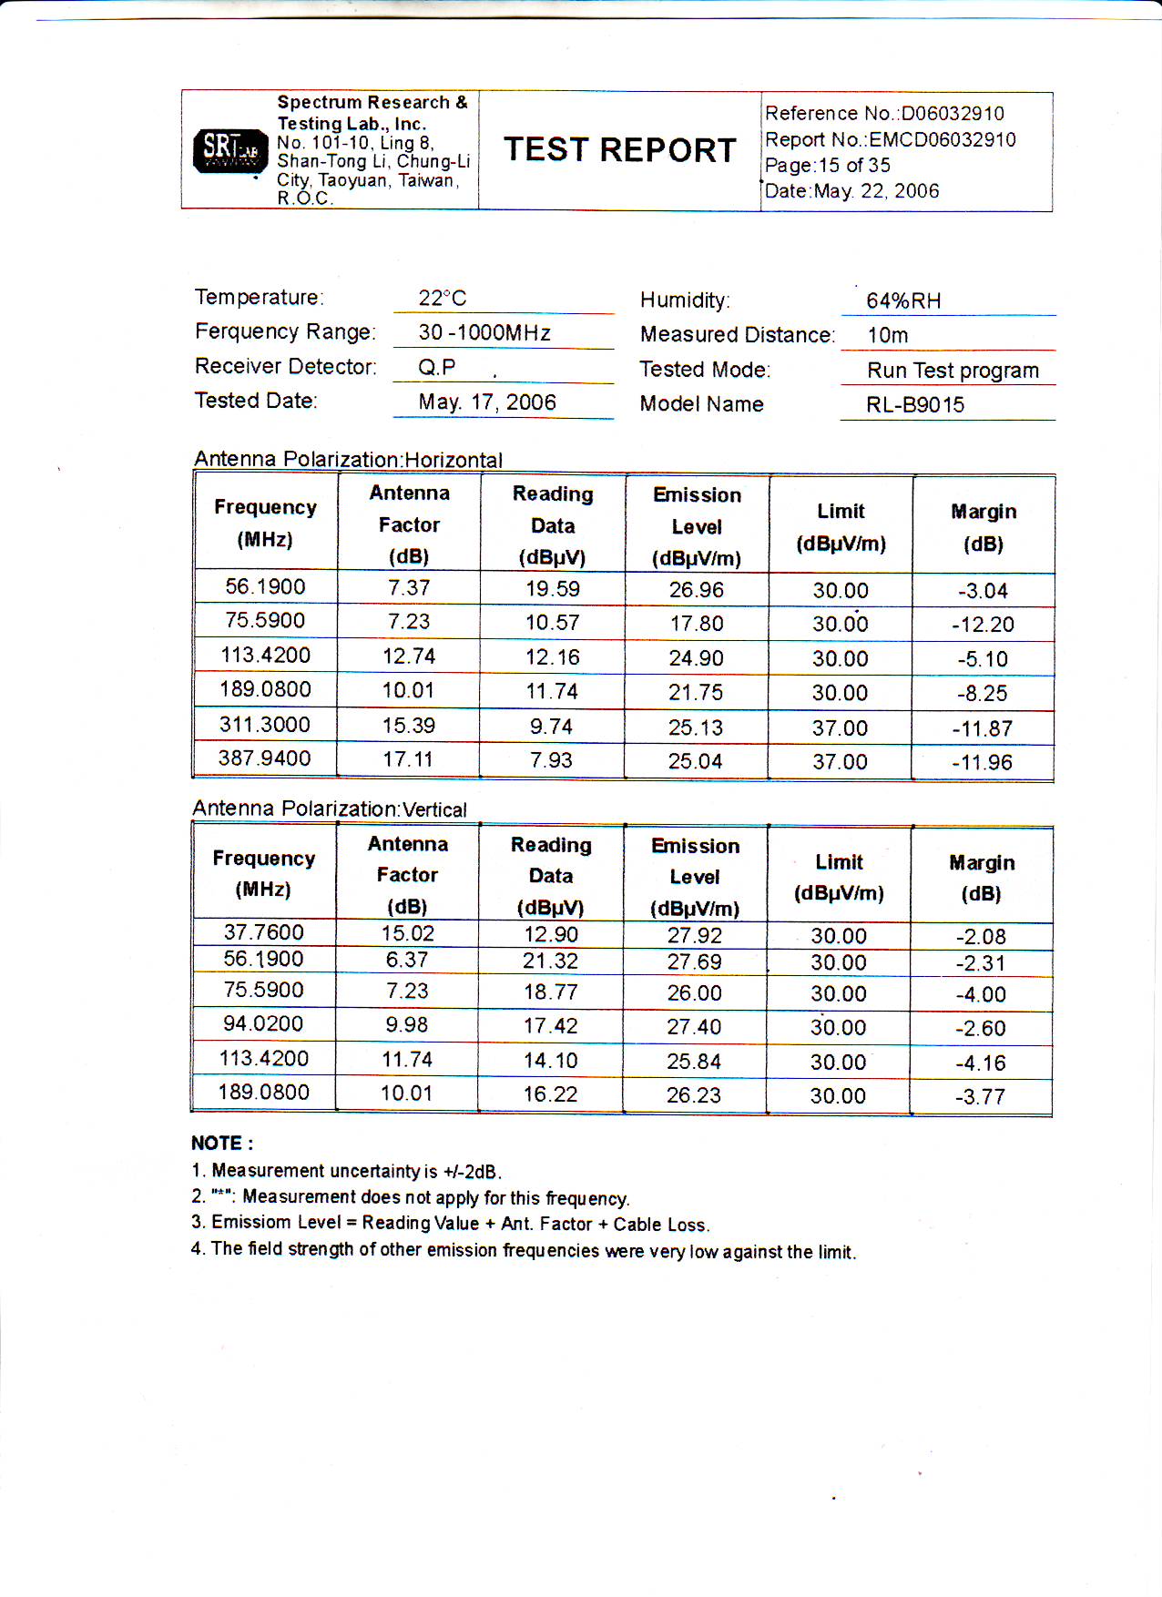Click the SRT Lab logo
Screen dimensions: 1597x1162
pos(230,150)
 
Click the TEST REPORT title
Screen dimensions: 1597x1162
pos(620,150)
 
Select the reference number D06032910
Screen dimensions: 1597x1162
pos(953,114)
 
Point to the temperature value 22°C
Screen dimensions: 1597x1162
pos(443,299)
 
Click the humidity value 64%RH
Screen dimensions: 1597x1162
pos(903,301)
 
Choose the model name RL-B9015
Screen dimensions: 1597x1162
pos(915,405)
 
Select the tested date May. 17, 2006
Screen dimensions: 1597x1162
pos(487,402)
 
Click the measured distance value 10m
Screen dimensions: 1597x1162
pos(888,336)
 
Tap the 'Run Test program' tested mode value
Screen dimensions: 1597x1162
pos(953,371)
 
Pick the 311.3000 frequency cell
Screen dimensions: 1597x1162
pos(265,725)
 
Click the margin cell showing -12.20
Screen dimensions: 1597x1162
pos(983,625)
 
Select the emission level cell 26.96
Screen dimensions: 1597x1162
pos(697,590)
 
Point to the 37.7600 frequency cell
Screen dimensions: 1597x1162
pos(264,932)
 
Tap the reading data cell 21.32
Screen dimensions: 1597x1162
pos(551,961)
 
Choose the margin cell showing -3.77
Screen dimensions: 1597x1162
pos(981,1097)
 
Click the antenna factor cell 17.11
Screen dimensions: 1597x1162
pos(408,759)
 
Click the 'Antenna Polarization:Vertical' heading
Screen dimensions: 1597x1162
pos(330,809)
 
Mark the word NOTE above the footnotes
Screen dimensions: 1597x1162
pos(217,1144)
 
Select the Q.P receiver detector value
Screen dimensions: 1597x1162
pos(437,368)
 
